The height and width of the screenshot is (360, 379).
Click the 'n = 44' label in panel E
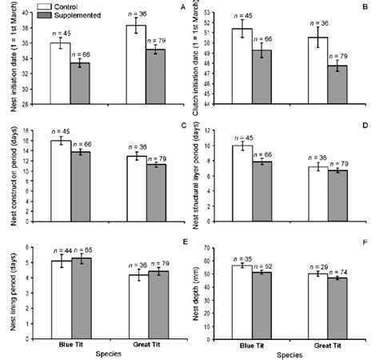(x=61, y=251)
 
